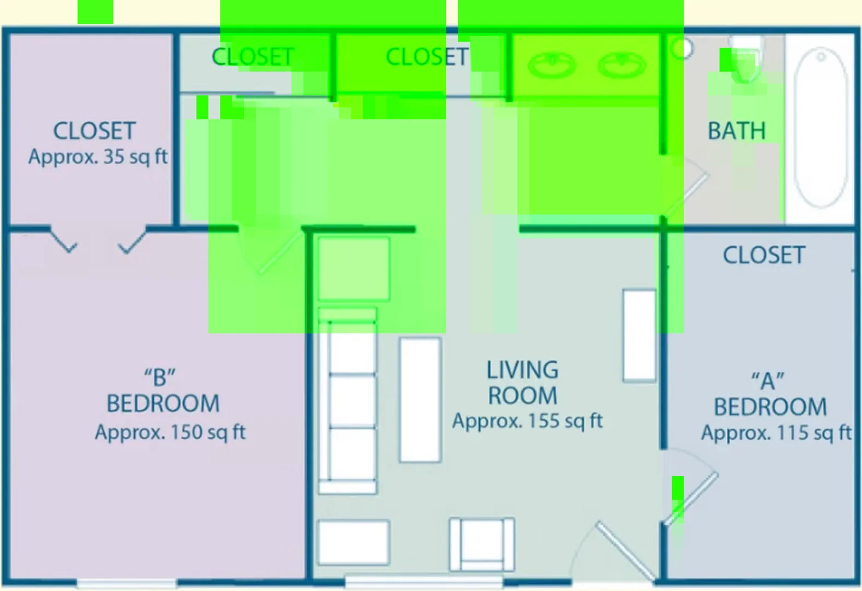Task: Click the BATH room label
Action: (x=737, y=131)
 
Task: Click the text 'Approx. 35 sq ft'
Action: (x=98, y=157)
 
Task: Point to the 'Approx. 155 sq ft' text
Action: (x=527, y=421)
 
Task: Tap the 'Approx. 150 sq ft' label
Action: (x=170, y=432)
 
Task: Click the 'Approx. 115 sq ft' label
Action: (x=776, y=433)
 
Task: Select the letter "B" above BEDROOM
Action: (x=160, y=377)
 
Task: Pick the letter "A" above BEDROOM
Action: (x=768, y=381)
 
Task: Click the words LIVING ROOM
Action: (x=522, y=383)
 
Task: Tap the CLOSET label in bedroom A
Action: (x=764, y=255)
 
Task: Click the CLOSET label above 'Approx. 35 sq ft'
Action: (x=94, y=131)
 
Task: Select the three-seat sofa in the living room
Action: (x=347, y=401)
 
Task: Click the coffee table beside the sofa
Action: (x=420, y=399)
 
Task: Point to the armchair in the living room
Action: (x=482, y=544)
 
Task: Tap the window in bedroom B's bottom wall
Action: (x=126, y=584)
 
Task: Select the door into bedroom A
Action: (x=691, y=499)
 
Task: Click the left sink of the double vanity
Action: (x=552, y=65)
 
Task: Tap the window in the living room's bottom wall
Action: (x=424, y=582)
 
